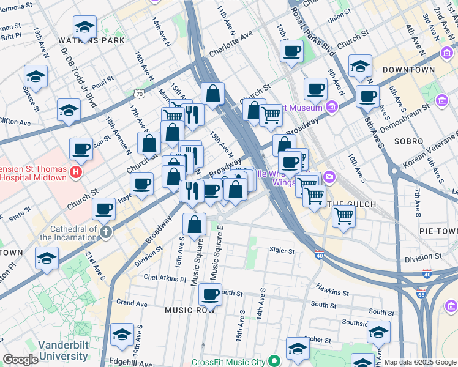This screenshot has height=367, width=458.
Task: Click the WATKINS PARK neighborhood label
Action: tap(92, 40)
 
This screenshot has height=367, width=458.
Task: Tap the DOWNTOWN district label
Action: tap(408, 70)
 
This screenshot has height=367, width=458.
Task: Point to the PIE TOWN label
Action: tap(438, 231)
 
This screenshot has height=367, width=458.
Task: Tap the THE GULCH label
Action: tap(350, 203)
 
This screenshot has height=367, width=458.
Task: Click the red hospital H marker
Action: tap(76, 172)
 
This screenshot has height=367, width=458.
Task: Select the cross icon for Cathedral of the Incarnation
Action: tap(107, 232)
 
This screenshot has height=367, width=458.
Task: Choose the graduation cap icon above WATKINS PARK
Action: tap(84, 26)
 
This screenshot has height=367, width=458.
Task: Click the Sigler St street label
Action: tap(282, 250)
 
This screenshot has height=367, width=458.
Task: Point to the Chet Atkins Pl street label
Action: tap(165, 278)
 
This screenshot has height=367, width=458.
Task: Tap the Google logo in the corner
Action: tap(20, 360)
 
